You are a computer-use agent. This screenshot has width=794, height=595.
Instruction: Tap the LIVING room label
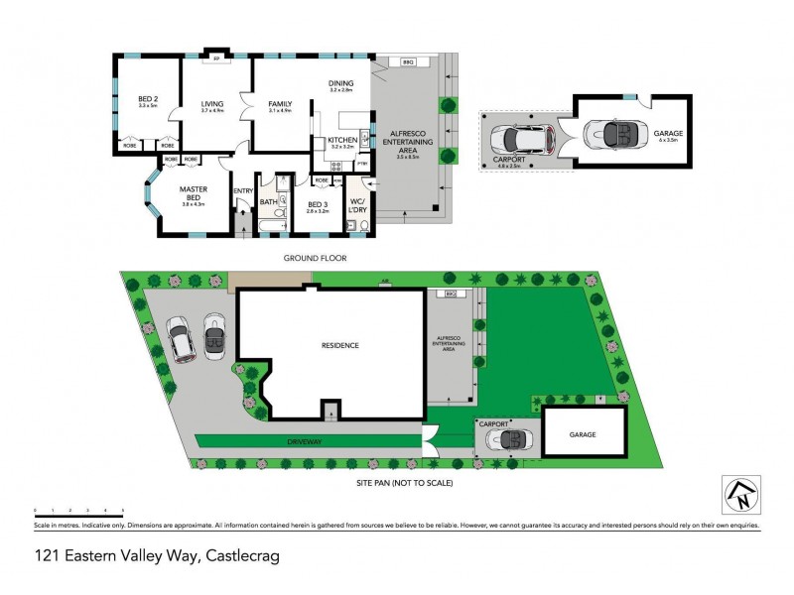point(211,103)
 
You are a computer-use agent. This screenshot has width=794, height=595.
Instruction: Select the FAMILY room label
point(279,103)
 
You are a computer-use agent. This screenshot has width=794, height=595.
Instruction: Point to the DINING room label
point(341,84)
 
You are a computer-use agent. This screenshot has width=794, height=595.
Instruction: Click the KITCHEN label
point(341,141)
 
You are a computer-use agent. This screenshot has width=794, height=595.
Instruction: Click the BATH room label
point(268,202)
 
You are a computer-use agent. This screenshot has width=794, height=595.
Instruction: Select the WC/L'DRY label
point(358,206)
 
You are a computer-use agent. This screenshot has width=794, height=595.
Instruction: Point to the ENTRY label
point(243,190)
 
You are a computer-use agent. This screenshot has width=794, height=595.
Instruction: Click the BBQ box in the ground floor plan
point(407,61)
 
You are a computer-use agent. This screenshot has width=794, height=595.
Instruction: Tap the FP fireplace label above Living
point(216,59)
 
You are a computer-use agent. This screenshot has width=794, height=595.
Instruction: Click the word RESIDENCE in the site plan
point(339,345)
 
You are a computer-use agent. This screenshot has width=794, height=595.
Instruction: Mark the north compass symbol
point(740,494)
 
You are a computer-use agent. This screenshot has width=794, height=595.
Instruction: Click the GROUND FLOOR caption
point(314,258)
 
